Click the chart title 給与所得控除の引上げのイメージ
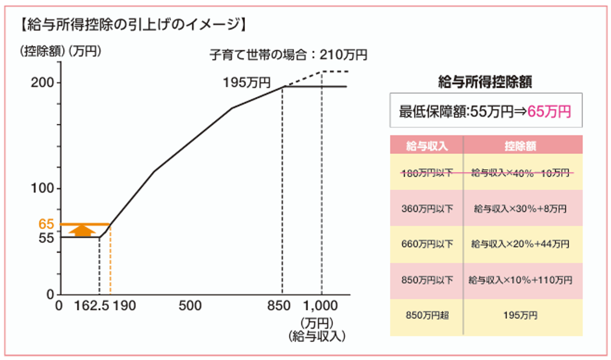tap(132, 25)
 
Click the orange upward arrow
tap(84, 230)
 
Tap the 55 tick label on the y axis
tap(46, 237)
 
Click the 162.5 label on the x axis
tap(91, 306)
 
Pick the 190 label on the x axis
tap(124, 306)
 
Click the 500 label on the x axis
tap(190, 306)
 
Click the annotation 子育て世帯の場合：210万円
tap(288, 55)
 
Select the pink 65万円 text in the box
tap(549, 111)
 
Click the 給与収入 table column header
tap(427, 146)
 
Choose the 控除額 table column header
tap(520, 146)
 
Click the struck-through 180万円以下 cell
tap(427, 173)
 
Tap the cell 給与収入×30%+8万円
tap(520, 209)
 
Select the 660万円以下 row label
tap(427, 245)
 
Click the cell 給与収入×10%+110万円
tap(520, 281)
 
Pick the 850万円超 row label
tap(427, 315)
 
